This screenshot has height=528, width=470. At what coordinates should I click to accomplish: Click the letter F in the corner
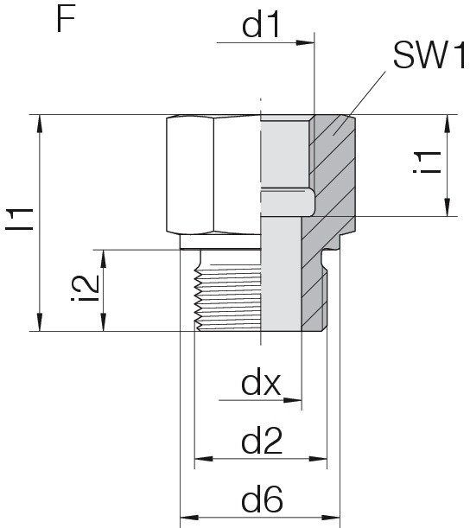pos(66,20)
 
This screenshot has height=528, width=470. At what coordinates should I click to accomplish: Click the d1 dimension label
pos(261,26)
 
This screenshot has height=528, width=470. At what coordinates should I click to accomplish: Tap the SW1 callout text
pos(429,55)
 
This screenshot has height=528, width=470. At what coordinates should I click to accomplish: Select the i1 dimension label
pos(427,162)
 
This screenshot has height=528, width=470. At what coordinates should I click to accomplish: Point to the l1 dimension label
pos(20,219)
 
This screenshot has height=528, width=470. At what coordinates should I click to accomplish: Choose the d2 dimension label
pos(262,441)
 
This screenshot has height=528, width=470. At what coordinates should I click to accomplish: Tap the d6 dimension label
pos(262,499)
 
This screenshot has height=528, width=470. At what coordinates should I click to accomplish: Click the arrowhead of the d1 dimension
pos(305,42)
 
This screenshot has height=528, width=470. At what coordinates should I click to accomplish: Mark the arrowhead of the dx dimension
pos(292,400)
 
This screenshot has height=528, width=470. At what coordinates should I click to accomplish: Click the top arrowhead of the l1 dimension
pos(40,124)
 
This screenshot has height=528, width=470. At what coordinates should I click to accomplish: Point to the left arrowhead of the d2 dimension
pos(204,459)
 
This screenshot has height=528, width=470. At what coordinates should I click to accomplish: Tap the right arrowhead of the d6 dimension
pos(331,518)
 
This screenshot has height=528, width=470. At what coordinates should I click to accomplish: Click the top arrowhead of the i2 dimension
pos(104,259)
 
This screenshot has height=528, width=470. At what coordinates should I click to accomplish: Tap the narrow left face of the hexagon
pos(190,175)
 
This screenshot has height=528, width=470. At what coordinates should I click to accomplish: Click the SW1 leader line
pos(359,104)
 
